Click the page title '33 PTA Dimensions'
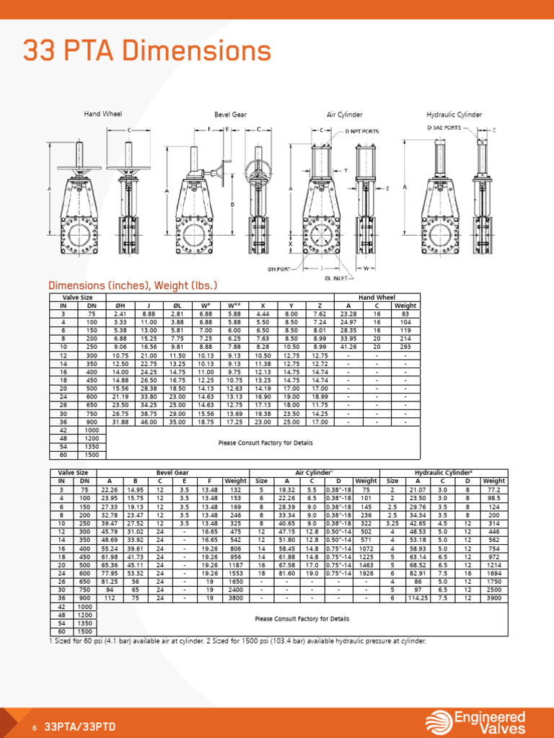pyautogui.click(x=147, y=51)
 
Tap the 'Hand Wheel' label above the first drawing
pyautogui.click(x=103, y=114)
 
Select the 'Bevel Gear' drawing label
pyautogui.click(x=230, y=115)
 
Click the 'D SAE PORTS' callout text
pyautogui.click(x=444, y=128)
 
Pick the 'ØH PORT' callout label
pyautogui.click(x=278, y=269)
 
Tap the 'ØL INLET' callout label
pyautogui.click(x=337, y=277)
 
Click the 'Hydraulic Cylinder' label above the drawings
pyautogui.click(x=454, y=115)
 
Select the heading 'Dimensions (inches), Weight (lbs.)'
pyautogui.click(x=132, y=285)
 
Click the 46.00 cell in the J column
pyautogui.click(x=149, y=422)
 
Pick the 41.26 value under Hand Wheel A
pyautogui.click(x=348, y=346)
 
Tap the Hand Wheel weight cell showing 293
pyautogui.click(x=405, y=346)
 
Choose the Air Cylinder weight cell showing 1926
pyautogui.click(x=366, y=553)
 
